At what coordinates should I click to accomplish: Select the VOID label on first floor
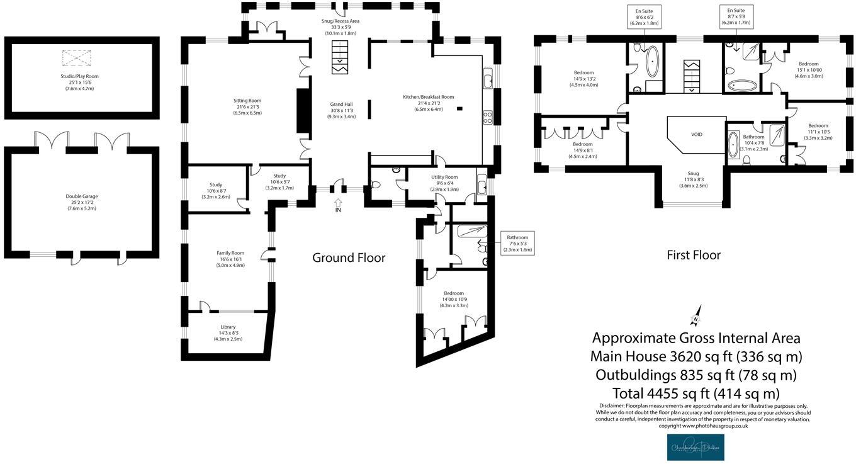click(696, 135)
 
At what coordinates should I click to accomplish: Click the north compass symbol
click(695, 319)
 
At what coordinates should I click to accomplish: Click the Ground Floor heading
click(349, 257)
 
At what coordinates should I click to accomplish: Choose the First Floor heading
click(694, 255)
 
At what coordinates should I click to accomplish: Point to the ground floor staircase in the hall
click(340, 56)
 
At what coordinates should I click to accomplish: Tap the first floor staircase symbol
click(692, 75)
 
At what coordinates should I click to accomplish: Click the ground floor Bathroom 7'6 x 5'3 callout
click(517, 244)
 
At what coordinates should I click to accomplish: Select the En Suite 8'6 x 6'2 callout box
click(643, 17)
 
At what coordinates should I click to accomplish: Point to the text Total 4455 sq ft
click(687, 393)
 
